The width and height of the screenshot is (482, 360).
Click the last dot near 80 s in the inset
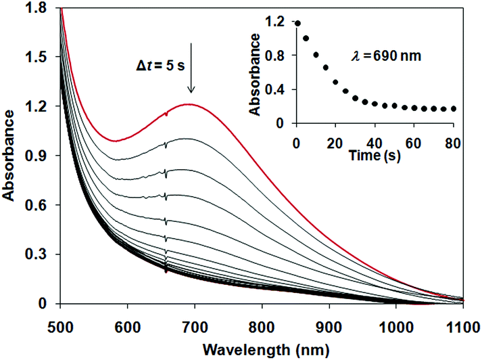454,108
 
